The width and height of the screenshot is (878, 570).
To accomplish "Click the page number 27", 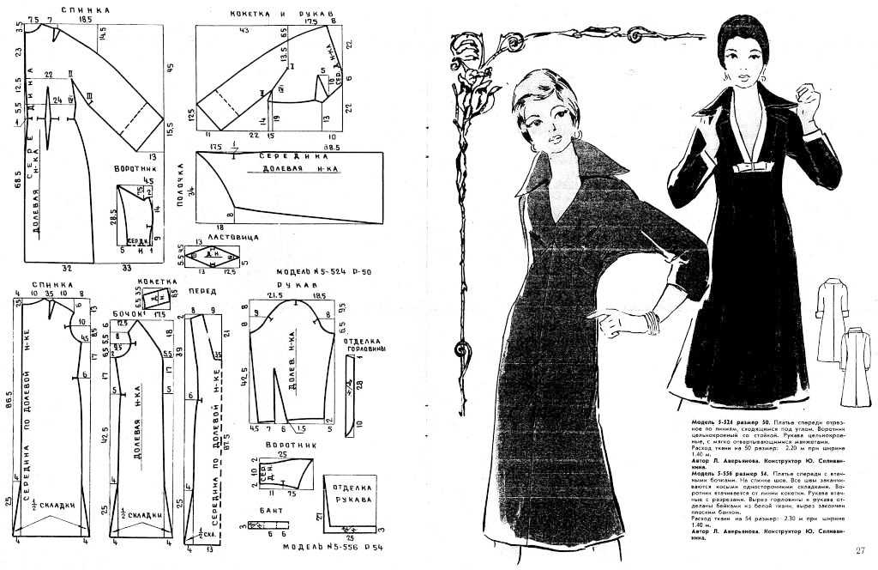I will coord(860,550).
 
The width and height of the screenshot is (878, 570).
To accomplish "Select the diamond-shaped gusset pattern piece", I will coord(209,256).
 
